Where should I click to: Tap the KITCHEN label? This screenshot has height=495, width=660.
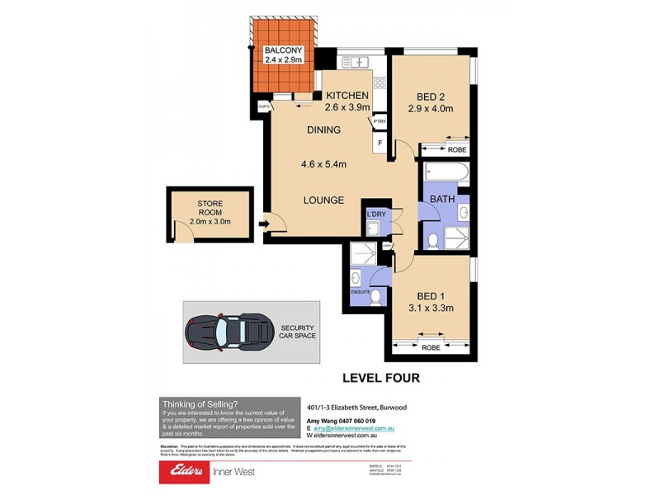pos(346,96)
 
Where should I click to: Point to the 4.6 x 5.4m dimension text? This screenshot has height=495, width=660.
pos(323,164)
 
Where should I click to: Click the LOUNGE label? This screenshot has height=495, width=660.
pos(323,200)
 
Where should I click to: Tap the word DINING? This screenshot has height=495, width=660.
pos(323,130)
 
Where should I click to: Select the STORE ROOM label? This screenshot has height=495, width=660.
pos(210,207)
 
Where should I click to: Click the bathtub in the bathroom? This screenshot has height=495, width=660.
pos(446,174)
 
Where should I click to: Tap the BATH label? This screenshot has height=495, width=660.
pos(443,199)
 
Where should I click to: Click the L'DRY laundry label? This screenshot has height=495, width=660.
pos(376,216)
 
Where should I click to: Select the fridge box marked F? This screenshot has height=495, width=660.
pos(379,144)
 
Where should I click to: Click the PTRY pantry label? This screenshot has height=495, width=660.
pos(379,121)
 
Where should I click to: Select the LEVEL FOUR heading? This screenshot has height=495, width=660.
pos(381,378)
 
